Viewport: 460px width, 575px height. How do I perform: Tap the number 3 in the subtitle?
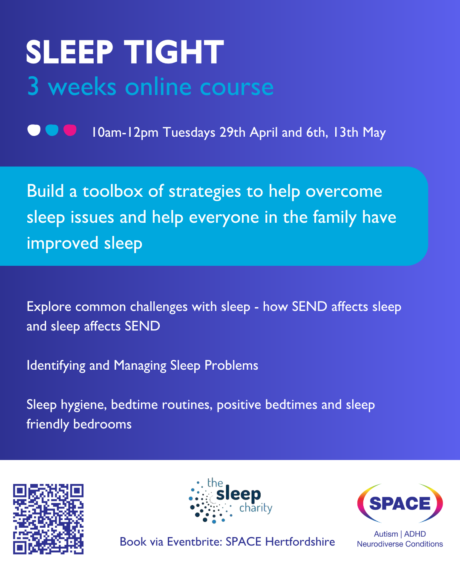pyautogui.click(x=33, y=86)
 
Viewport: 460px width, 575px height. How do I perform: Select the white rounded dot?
pyautogui.click(x=34, y=130)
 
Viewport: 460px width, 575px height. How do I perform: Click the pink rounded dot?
pyautogui.click(x=70, y=130)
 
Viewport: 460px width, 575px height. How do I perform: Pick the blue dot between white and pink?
pyautogui.click(x=52, y=130)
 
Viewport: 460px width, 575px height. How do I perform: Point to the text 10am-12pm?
pyautogui.click(x=125, y=132)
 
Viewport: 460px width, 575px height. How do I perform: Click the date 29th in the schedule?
pyautogui.click(x=232, y=132)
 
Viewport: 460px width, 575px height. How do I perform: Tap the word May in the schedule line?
pyautogui.click(x=374, y=133)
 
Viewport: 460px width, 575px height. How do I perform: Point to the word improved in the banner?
pyautogui.click(x=63, y=244)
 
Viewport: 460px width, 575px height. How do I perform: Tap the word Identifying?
pyautogui.click(x=56, y=366)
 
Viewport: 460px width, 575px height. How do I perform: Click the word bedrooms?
pyautogui.click(x=102, y=424)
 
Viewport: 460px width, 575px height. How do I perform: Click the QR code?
pyautogui.click(x=49, y=519)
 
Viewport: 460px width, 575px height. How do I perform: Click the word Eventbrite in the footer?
pyautogui.click(x=195, y=542)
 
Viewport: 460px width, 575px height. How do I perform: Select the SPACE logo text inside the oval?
pyautogui.click(x=400, y=503)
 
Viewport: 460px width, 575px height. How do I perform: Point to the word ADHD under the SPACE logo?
pyautogui.click(x=415, y=534)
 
